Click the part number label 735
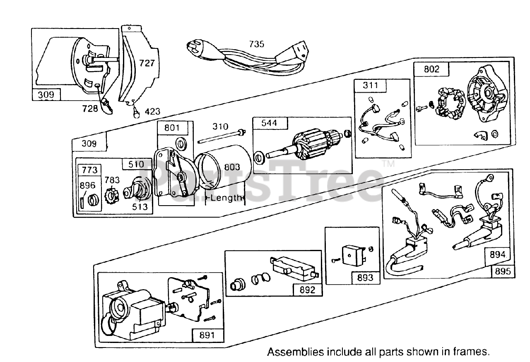(x=256, y=43)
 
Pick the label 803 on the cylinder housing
(x=232, y=167)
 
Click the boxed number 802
(x=431, y=69)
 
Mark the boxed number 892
(x=307, y=290)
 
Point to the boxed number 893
(x=365, y=278)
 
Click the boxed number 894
(x=497, y=254)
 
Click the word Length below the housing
(x=226, y=198)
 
